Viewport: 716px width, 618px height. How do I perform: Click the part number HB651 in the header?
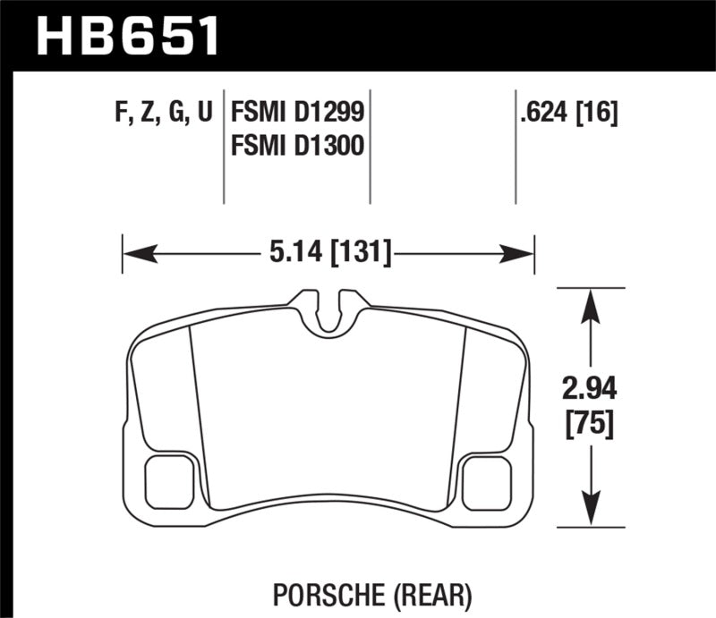click(x=125, y=37)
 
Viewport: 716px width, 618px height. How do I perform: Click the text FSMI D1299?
click(x=297, y=113)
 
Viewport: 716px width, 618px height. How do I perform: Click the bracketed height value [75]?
click(x=589, y=424)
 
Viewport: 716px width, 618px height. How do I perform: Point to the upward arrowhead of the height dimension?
click(x=589, y=300)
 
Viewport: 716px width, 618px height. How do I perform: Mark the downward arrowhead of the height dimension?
click(x=589, y=514)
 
